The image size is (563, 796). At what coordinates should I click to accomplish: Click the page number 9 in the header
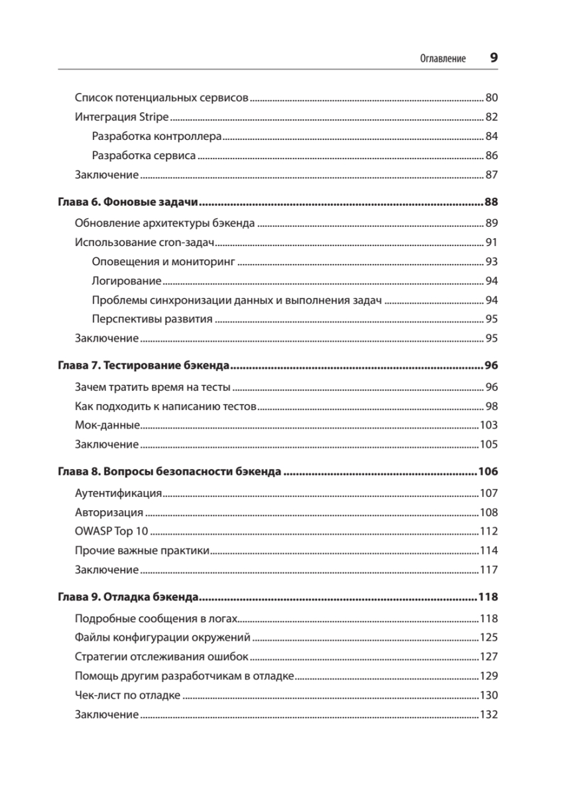point(493,58)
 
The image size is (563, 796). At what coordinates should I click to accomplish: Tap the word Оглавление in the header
point(443,58)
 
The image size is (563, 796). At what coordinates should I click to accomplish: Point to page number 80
point(491,98)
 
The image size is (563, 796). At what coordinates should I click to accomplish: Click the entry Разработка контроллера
point(156,137)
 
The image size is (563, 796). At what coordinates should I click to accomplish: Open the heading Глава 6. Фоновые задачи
point(129,202)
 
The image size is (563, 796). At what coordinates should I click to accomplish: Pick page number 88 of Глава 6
point(491,202)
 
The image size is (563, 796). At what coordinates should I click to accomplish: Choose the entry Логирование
point(127,281)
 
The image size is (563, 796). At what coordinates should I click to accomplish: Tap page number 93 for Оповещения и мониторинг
point(491,261)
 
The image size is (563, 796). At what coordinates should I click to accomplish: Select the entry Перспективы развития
point(153,319)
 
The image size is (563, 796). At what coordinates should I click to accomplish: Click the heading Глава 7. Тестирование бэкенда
point(143,365)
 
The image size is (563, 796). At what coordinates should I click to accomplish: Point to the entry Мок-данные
point(107,425)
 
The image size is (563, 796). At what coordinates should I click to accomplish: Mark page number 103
point(489,425)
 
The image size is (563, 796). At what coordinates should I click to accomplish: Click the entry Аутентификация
point(119,493)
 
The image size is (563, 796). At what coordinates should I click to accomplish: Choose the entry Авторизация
point(109,512)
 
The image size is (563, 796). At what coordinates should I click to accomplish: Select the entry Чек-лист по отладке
point(128,695)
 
